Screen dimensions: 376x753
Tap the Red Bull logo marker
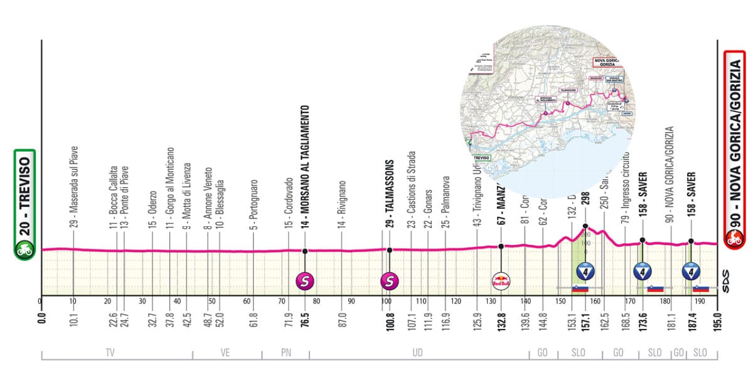501,280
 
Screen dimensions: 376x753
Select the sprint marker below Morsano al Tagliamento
306,280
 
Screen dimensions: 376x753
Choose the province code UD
417,353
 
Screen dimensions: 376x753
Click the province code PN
286,353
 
